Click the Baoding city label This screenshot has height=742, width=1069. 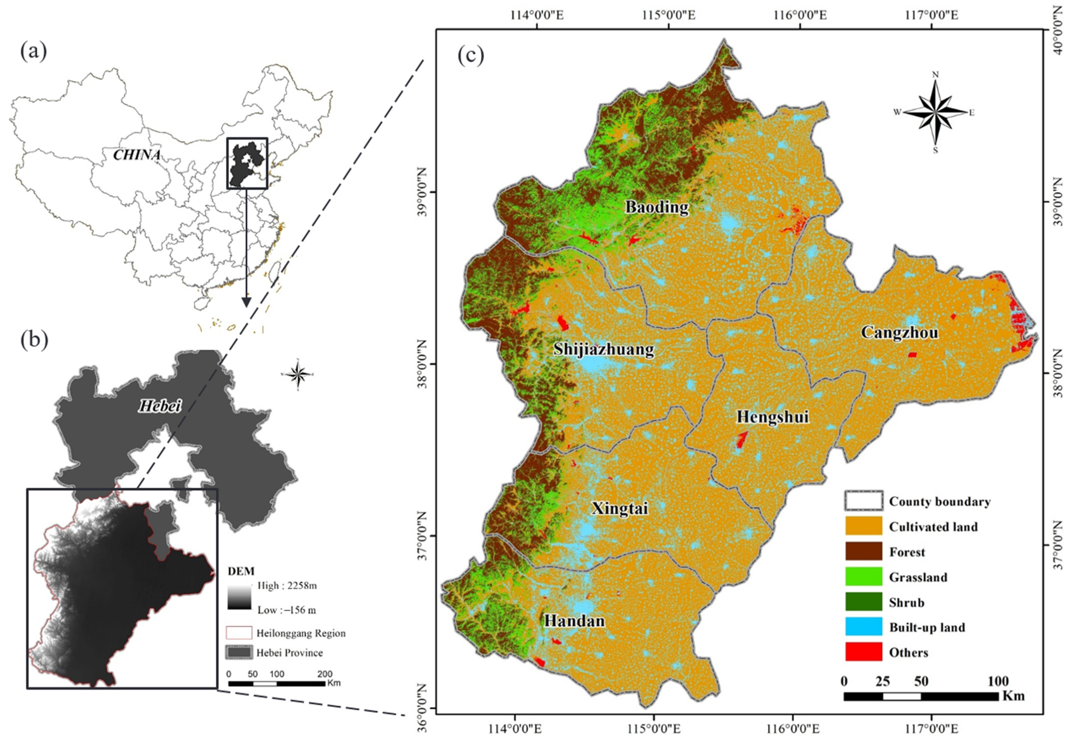[656, 207]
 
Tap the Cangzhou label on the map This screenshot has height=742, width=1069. [899, 333]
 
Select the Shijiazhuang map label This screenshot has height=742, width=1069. [604, 349]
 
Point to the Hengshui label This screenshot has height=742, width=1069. [772, 417]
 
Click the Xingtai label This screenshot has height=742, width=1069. [619, 508]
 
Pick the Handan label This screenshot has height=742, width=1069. [574, 621]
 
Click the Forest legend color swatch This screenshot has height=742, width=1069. [863, 551]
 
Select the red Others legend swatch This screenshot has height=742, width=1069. [863, 652]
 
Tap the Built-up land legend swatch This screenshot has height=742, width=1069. [863, 627]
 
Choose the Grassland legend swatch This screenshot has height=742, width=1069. [863, 576]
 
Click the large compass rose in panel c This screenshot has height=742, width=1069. [935, 112]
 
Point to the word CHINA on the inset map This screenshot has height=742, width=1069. [136, 155]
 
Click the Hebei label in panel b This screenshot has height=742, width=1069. [159, 406]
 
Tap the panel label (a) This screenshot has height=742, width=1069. [33, 51]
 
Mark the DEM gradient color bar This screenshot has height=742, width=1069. [239, 597]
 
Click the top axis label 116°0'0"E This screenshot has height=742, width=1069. [800, 15]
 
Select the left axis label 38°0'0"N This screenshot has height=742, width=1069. [422, 364]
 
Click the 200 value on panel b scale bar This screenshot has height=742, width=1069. [324, 674]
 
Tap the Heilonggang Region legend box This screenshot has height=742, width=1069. [239, 633]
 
